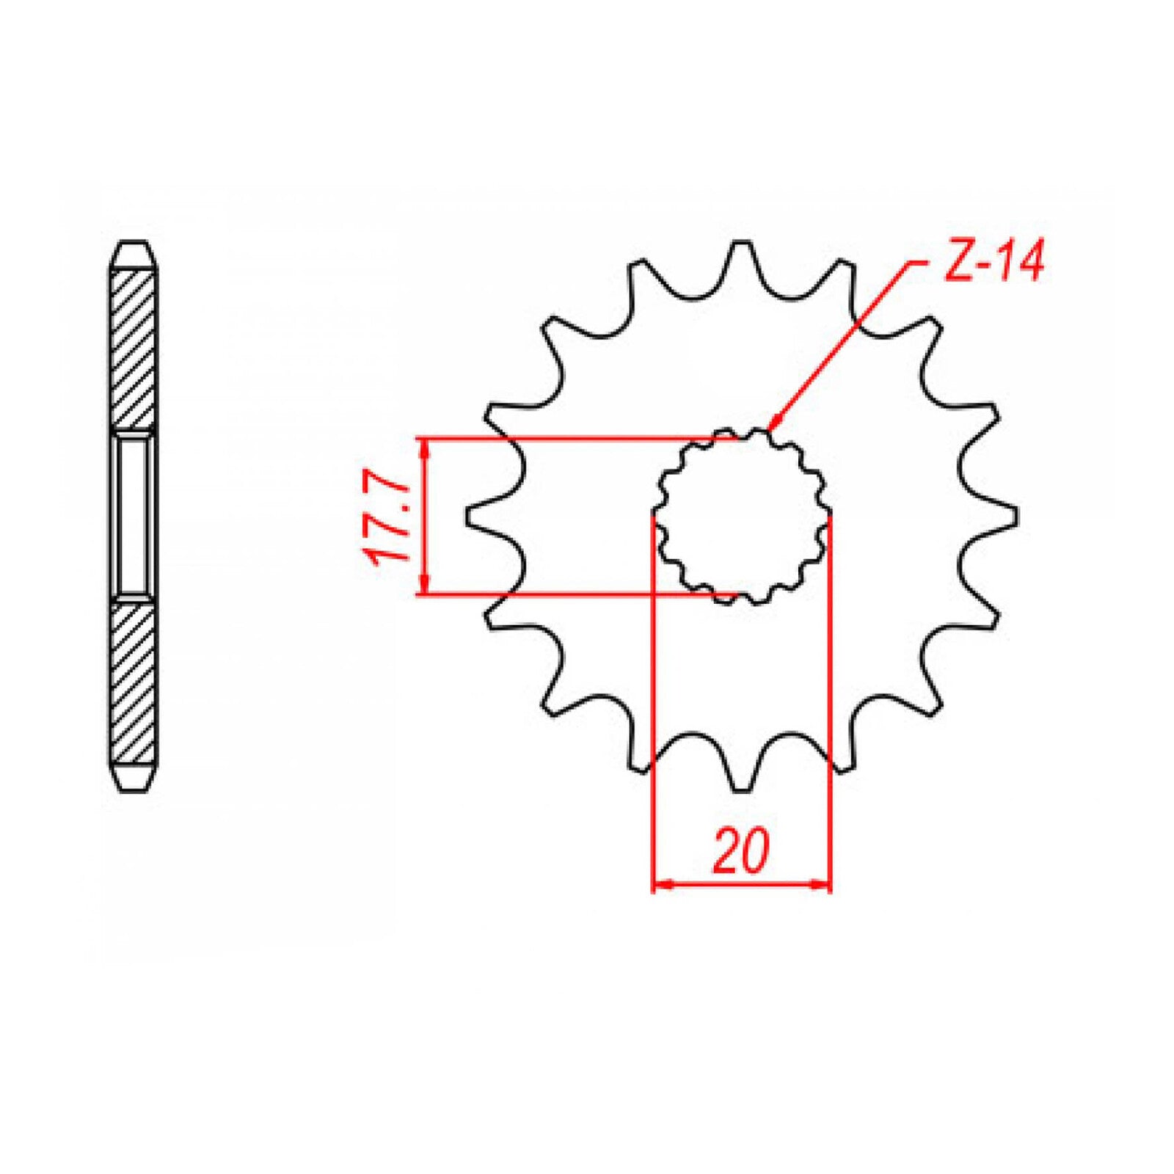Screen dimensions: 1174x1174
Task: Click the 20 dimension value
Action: [x=741, y=852]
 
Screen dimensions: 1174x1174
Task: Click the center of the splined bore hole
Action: [x=743, y=516]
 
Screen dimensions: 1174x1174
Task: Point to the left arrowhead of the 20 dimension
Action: [x=660, y=886]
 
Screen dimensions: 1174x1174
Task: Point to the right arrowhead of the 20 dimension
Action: [x=823, y=886]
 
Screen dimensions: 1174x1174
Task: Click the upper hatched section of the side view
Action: [x=133, y=349]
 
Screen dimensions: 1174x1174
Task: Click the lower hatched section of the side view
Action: [x=133, y=682]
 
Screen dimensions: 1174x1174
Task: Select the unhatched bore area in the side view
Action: [x=133, y=516]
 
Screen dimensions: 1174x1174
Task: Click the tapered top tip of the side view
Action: [x=133, y=253]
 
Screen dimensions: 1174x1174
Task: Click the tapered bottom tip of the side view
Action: [x=133, y=779]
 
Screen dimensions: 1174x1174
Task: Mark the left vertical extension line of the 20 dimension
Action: [x=652, y=697]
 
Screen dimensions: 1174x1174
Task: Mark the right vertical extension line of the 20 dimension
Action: [x=831, y=697]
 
